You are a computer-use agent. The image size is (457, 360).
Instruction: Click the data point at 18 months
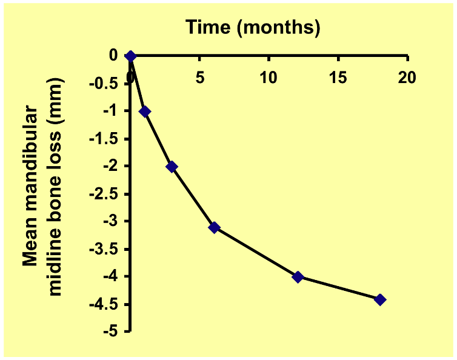380,299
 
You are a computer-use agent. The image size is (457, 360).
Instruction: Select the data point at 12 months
298,277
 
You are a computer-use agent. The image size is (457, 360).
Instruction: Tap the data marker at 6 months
214,227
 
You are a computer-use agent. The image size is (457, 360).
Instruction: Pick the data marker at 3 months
172,167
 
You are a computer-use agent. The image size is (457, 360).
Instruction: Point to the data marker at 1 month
144,112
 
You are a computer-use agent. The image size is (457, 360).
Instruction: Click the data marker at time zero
130,56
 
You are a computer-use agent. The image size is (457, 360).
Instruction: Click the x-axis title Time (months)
253,27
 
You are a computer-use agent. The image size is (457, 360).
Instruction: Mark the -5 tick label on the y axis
111,333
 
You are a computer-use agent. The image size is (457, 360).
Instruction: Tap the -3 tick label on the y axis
111,222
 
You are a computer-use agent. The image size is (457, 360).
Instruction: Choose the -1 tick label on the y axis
111,112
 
